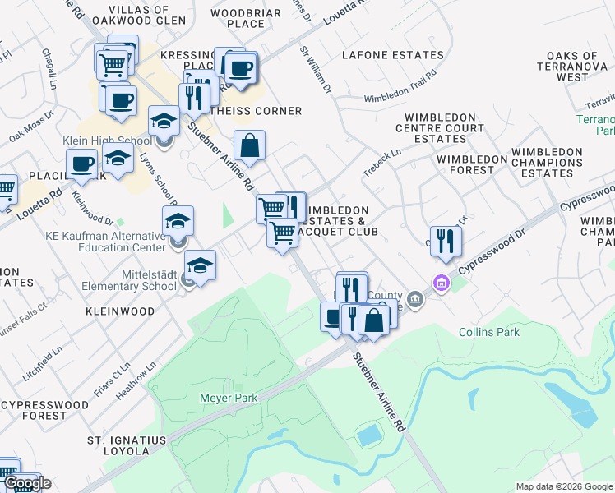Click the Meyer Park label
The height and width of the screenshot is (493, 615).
229,398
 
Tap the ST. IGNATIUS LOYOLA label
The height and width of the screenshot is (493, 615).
127,445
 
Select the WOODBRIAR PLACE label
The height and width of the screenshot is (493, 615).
246,18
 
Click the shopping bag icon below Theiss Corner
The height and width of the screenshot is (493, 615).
249,147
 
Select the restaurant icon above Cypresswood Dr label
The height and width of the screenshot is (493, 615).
446,241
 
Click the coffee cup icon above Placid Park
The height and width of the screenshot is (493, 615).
82,164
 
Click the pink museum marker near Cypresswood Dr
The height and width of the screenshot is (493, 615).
442,283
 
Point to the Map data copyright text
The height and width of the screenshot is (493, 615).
564,486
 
